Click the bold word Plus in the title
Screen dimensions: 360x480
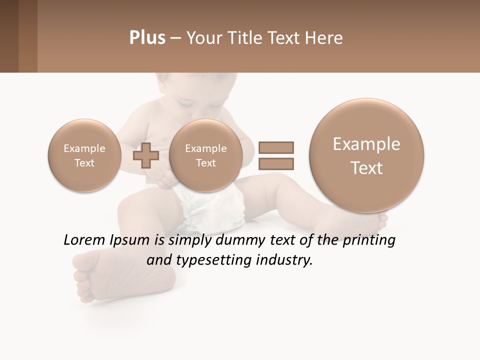point(147,38)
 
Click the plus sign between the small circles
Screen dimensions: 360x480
point(146,155)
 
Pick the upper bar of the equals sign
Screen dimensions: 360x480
point(275,147)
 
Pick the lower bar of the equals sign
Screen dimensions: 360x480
point(275,163)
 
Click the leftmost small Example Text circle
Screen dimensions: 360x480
point(84,155)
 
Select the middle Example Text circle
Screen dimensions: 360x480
point(205,155)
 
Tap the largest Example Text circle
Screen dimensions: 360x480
point(366,155)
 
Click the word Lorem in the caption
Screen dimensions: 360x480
point(85,240)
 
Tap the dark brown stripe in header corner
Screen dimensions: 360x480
point(9,36)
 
